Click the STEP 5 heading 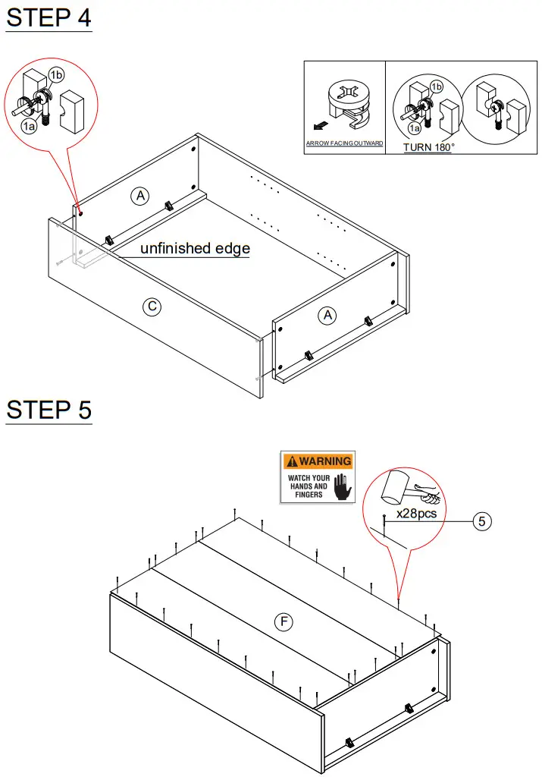click(49, 410)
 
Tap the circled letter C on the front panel click(152, 307)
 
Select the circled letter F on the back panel click(283, 622)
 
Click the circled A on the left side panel click(139, 197)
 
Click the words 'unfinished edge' click(195, 248)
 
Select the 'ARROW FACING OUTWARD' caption click(344, 143)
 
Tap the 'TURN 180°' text click(428, 147)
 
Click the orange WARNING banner click(318, 461)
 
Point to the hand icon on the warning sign click(343, 486)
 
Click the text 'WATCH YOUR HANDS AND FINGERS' click(309, 486)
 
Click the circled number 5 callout click(484, 521)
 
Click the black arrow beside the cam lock click(321, 122)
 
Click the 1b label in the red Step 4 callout click(56, 74)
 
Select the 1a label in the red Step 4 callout click(28, 126)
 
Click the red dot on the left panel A click(80, 212)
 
